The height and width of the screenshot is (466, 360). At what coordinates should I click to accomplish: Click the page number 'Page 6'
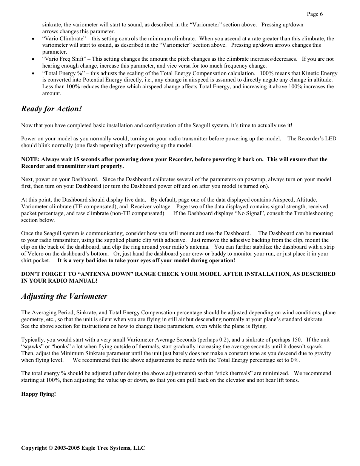coord(314,14)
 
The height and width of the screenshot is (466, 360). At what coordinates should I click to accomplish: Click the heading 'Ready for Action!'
coord(51,109)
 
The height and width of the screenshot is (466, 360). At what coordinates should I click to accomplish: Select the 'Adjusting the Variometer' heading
coord(64,297)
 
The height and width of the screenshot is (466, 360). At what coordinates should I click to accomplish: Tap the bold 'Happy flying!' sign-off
coord(38,394)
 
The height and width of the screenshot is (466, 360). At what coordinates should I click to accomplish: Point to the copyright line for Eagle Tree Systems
coord(83,448)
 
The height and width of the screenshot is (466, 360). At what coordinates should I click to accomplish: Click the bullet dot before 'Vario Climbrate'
coord(34,39)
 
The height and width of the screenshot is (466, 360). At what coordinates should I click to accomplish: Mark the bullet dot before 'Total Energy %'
coord(34,74)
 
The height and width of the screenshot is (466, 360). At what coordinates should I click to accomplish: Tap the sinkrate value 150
coord(297,340)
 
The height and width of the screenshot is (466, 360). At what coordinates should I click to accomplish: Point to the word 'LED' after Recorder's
coord(331,138)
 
